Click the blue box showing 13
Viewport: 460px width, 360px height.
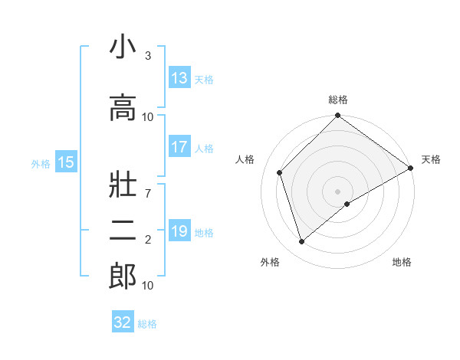[179, 78]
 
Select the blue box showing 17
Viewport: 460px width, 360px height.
[179, 147]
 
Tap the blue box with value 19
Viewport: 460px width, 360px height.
[179, 231]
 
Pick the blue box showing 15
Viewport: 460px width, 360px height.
[66, 162]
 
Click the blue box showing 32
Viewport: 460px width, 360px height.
[123, 322]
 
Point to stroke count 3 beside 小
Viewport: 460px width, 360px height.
[148, 56]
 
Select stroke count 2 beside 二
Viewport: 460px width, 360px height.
[148, 240]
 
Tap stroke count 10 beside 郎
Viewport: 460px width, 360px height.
[148, 286]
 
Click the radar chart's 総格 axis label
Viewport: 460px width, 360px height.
[338, 100]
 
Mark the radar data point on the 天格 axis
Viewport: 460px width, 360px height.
[410, 168]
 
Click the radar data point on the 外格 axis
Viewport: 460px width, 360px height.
[301, 242]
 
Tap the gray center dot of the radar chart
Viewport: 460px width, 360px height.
[338, 191]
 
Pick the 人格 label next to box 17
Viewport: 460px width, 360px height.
[204, 149]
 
